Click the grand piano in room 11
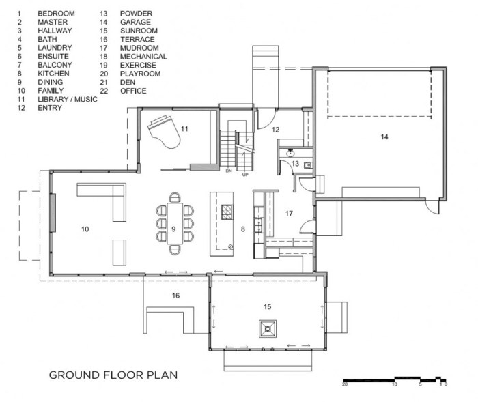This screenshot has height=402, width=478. pyautogui.click(x=164, y=131)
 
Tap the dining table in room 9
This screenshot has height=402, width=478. pyautogui.click(x=175, y=223)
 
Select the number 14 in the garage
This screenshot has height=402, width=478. pyautogui.click(x=384, y=137)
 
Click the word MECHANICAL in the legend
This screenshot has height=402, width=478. pyautogui.click(x=143, y=57)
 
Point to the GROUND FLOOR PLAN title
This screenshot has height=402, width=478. pyautogui.click(x=113, y=375)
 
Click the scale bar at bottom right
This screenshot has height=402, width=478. pyautogui.click(x=395, y=380)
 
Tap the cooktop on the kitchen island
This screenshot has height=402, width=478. pyautogui.click(x=227, y=212)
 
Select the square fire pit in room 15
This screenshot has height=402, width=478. pyautogui.click(x=268, y=329)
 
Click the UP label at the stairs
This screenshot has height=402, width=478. pyautogui.click(x=245, y=175)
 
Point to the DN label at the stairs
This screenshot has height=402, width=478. pyautogui.click(x=229, y=171)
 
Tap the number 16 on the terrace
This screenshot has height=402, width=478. pyautogui.click(x=176, y=296)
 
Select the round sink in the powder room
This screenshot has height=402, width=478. pyautogui.click(x=290, y=153)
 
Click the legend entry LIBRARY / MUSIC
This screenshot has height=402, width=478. pyautogui.click(x=68, y=100)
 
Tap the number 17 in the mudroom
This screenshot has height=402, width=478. pyautogui.click(x=289, y=214)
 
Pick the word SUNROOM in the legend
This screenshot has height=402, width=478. pyautogui.click(x=139, y=31)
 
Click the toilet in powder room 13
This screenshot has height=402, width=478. pyautogui.click(x=308, y=165)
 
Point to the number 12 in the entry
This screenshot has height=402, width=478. pyautogui.click(x=276, y=130)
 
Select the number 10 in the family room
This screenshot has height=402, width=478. pyautogui.click(x=85, y=229)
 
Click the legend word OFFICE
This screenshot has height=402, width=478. pyautogui.click(x=133, y=91)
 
